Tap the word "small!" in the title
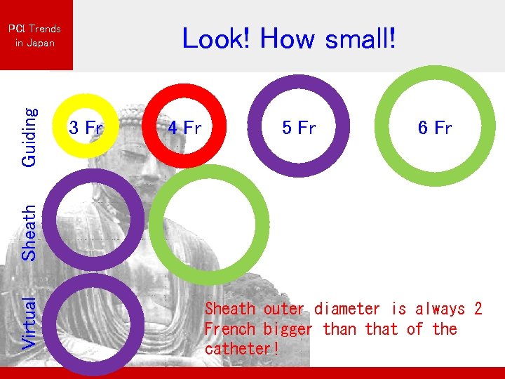point(361,39)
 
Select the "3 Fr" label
point(86,128)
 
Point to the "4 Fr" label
point(184,128)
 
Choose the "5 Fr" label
point(299,128)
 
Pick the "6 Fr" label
point(435,128)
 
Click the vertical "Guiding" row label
point(29,136)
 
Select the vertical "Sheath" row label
point(29,232)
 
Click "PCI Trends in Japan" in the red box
point(35,36)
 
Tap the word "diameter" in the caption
point(346,309)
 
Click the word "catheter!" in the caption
point(241,349)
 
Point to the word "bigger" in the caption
point(288,329)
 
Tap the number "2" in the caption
point(478,309)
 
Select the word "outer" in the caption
point(284,309)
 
